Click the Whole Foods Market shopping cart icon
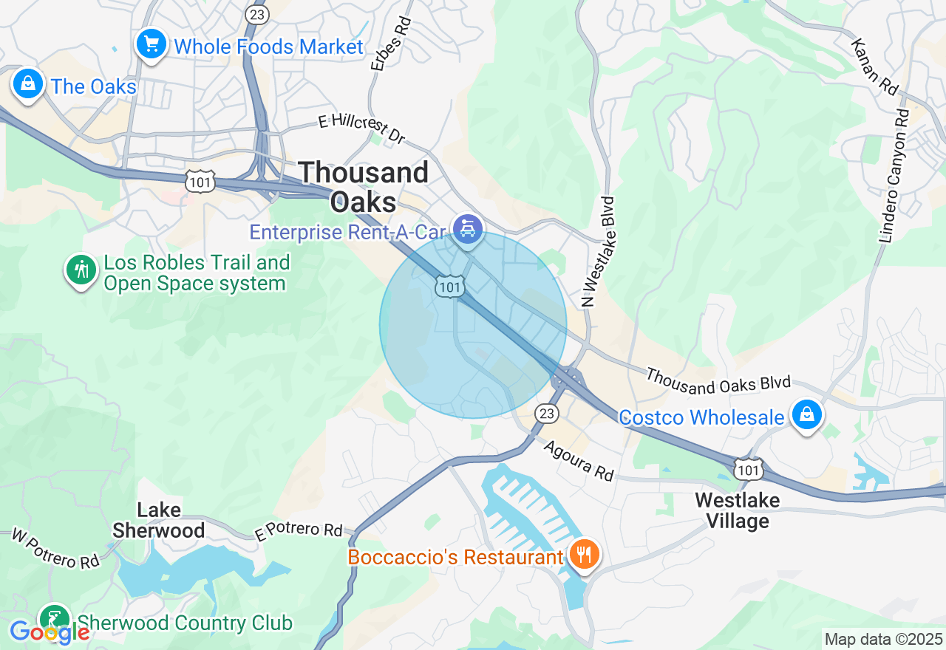point(152,45)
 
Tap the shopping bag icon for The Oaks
point(27,84)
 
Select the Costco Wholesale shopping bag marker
point(807,414)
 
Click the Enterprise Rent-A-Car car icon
point(467,230)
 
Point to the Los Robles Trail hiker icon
point(81,270)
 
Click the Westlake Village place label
point(737,510)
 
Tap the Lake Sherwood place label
point(159,520)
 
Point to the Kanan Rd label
point(874,67)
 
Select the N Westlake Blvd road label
point(599,251)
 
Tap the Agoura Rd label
point(579,461)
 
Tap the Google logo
point(49,632)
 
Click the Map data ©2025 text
point(884,639)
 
